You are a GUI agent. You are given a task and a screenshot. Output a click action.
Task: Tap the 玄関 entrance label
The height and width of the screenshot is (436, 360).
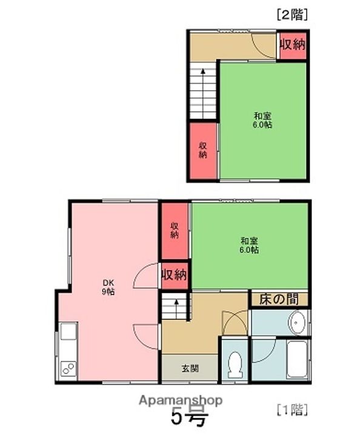click(x=189, y=368)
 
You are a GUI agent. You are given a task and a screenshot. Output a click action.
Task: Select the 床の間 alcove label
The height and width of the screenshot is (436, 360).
click(x=279, y=299)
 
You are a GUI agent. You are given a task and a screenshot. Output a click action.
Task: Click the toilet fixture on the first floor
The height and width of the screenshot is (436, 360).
click(x=233, y=365)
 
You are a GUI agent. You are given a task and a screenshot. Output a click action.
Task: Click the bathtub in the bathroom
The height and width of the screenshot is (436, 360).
click(x=297, y=358)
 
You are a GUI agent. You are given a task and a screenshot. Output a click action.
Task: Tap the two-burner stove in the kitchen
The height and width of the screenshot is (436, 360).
click(x=68, y=368)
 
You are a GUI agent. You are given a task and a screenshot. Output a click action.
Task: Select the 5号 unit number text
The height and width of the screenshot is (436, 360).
click(x=188, y=418)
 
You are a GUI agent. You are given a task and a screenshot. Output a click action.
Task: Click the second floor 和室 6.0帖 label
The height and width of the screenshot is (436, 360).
click(x=262, y=120)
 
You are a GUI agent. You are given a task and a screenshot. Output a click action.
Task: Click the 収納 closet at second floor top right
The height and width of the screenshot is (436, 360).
click(x=292, y=45)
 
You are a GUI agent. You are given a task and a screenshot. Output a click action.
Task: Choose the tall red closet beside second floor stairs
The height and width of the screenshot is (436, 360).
click(x=202, y=151)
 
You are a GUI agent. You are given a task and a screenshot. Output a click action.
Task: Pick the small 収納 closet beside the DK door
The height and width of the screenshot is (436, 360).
click(x=175, y=275)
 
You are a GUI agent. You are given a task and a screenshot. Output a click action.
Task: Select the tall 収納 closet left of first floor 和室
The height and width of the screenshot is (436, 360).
click(x=175, y=231)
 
